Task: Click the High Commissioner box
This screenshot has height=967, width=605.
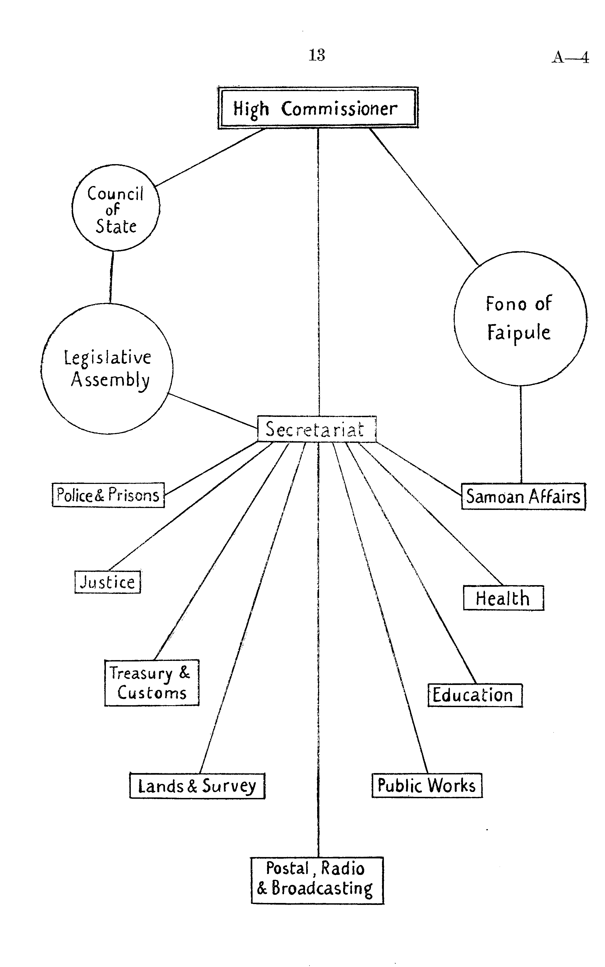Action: click(318, 108)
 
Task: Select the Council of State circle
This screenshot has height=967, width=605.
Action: click(116, 208)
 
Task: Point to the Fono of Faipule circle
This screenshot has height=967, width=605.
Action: click(520, 319)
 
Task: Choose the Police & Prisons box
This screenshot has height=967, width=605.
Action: click(108, 495)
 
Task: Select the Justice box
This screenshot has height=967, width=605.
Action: click(108, 582)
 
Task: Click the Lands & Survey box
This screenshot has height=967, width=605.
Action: click(197, 786)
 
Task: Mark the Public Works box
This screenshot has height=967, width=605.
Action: click(427, 785)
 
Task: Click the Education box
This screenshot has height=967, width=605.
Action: click(475, 695)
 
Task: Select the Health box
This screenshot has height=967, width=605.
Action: click(503, 598)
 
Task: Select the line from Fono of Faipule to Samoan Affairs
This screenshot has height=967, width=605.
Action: click(520, 434)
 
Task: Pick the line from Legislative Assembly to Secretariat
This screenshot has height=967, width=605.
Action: click(212, 411)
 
